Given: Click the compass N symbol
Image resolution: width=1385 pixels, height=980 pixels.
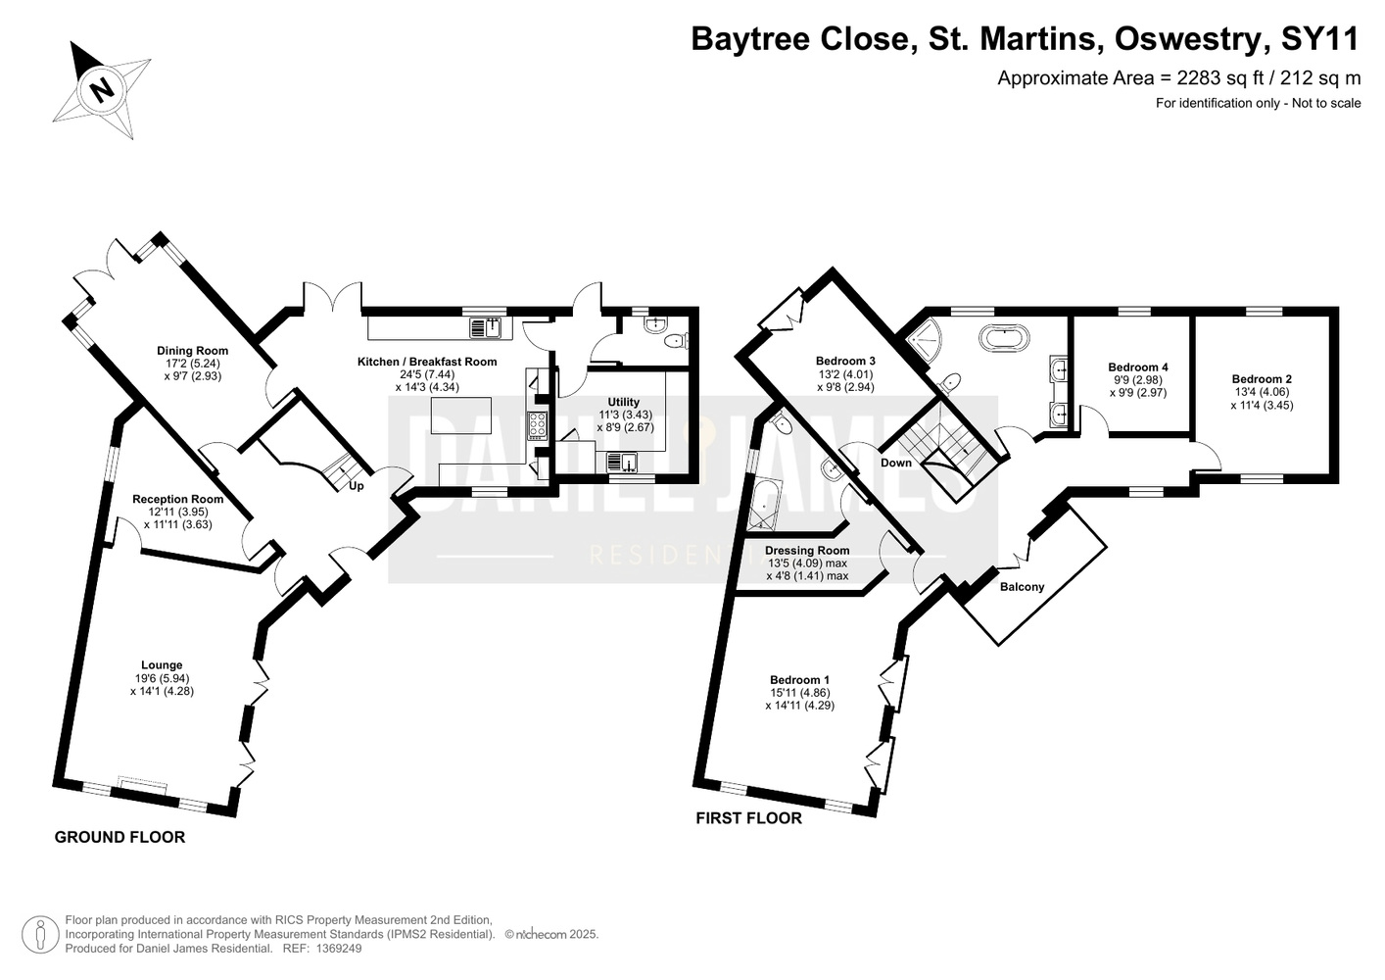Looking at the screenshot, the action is pos(102,90).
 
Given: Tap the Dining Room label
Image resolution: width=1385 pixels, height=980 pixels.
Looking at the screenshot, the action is pos(192,351).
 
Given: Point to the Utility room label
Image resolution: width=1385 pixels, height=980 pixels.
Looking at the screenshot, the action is pos(623,402).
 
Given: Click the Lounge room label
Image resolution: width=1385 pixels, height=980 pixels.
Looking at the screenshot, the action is pos(162,665).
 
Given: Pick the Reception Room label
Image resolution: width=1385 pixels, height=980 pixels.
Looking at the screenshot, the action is pos(178,499).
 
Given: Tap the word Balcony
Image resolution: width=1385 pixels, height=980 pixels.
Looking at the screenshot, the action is pos(1022,587).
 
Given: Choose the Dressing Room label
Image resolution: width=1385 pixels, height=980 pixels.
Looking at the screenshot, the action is pos(807,551).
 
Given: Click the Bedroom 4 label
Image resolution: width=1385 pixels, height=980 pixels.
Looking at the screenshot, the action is pos(1138,367).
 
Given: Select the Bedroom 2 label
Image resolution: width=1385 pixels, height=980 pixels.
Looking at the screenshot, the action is pos(1262,379).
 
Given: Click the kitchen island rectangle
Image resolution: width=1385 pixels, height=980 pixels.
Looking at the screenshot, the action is pos(461,416).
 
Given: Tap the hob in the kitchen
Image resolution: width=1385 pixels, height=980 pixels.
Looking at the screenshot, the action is pos(537,426).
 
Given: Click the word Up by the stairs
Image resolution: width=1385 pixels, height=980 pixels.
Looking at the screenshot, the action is pos(357,486).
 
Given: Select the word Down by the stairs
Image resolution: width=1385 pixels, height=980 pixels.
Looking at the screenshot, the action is pos(896,463).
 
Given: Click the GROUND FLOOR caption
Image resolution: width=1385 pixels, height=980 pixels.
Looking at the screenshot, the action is pos(119,838).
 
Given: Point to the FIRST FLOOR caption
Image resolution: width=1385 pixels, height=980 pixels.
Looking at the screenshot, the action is pos(748,818).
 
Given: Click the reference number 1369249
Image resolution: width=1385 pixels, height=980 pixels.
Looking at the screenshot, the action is pos(339,949).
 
